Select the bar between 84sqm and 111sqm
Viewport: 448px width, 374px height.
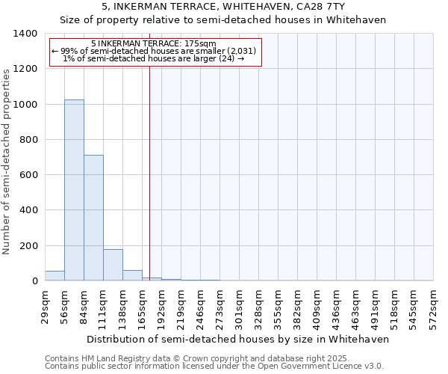click(x=93, y=218)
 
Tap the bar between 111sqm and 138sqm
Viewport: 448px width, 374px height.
click(x=113, y=265)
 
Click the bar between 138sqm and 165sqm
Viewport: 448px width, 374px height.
click(x=132, y=275)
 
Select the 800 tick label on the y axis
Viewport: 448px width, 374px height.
click(x=28, y=140)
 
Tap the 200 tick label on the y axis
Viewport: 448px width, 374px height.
click(x=28, y=246)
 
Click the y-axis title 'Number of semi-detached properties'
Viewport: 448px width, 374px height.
click(x=7, y=162)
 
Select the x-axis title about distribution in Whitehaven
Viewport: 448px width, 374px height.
click(x=238, y=339)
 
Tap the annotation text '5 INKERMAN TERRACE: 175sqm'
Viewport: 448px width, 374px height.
click(x=153, y=43)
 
